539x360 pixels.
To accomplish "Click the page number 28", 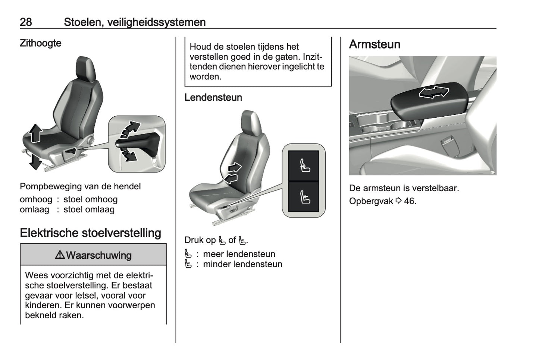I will click(26, 22).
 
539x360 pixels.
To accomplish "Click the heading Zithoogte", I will click(40, 43).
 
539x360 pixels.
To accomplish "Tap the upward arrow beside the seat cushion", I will click(35, 133).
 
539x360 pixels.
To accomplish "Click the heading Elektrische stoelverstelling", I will click(90, 233).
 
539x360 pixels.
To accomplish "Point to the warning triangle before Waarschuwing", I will click(60, 255).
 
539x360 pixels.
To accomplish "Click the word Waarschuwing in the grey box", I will click(98, 255).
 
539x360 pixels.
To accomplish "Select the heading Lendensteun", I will click(213, 98).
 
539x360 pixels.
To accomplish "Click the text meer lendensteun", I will click(239, 254).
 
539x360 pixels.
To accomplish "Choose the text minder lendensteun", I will click(242, 264).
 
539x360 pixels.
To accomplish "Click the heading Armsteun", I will click(375, 44).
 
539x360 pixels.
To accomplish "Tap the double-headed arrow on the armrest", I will click(433, 92).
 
